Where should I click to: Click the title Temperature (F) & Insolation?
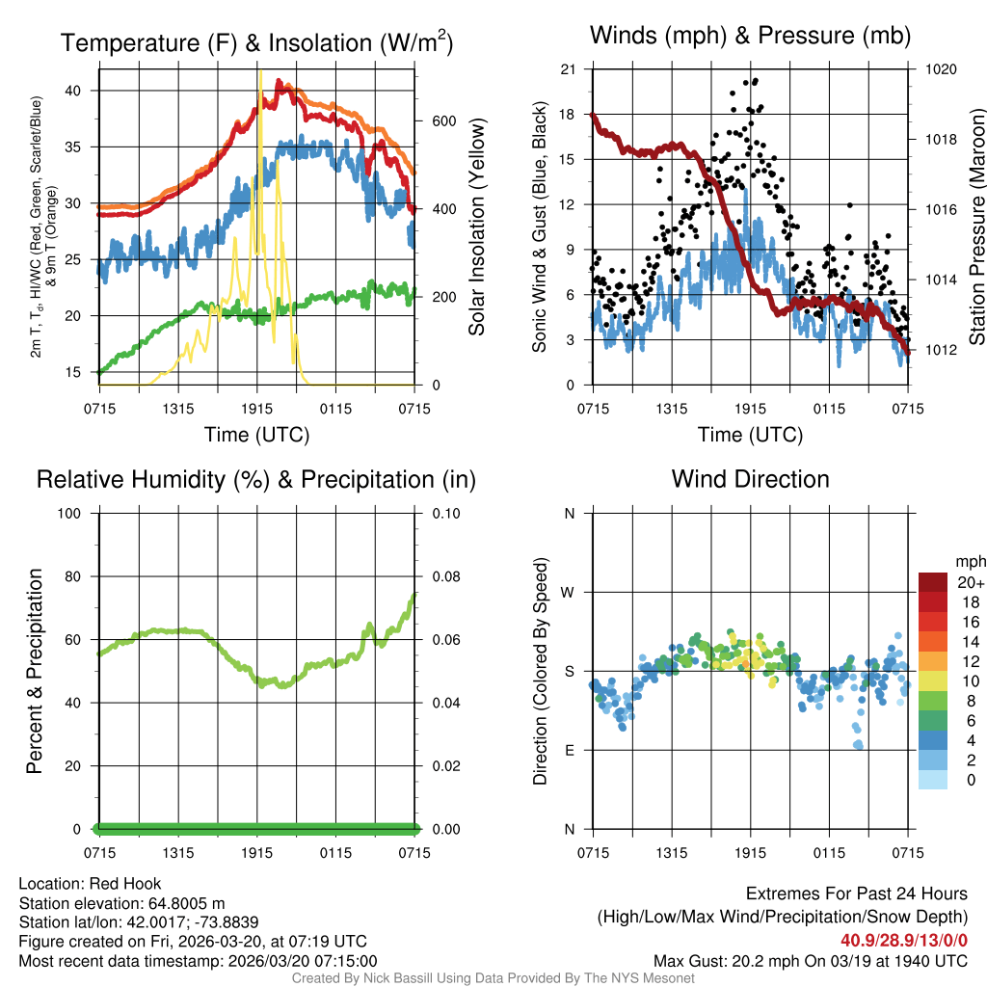[x=256, y=43]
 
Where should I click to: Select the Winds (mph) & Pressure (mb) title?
[x=750, y=36]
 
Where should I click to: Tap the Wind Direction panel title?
[x=750, y=478]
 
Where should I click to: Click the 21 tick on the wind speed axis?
[x=568, y=69]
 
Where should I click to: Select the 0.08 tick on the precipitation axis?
[x=444, y=576]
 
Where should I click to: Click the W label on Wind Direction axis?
[x=569, y=593]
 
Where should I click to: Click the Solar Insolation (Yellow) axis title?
[x=476, y=227]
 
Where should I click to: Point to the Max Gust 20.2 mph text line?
[x=811, y=960]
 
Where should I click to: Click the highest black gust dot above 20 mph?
[x=756, y=81]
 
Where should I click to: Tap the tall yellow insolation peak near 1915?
[x=259, y=72]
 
